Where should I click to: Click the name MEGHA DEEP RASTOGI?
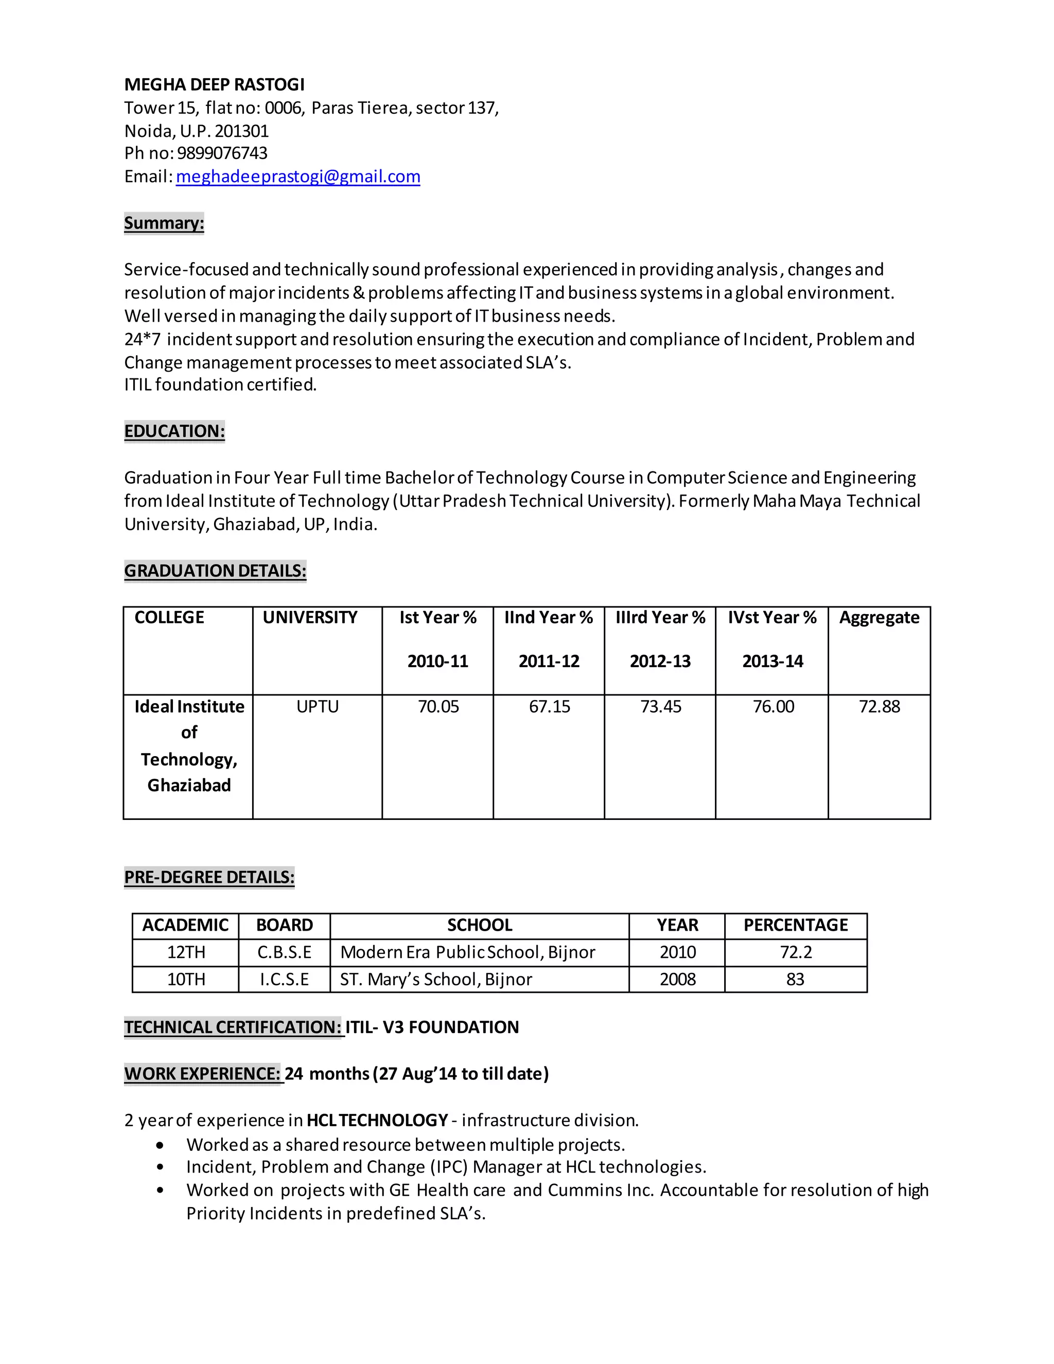(x=214, y=84)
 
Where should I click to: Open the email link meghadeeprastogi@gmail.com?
(x=298, y=177)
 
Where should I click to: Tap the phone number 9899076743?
(x=222, y=153)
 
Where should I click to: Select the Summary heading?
(x=164, y=223)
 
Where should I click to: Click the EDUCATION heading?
(x=174, y=431)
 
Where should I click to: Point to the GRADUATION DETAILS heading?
(x=215, y=570)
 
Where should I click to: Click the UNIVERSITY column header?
(x=310, y=618)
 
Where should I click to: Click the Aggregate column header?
(x=879, y=618)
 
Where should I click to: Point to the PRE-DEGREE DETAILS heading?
(x=209, y=877)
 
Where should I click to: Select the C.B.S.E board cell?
(x=284, y=952)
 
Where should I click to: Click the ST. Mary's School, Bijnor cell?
(x=436, y=980)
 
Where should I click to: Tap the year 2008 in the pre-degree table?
(x=677, y=980)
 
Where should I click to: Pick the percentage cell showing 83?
(x=796, y=980)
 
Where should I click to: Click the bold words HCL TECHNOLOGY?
(x=377, y=1121)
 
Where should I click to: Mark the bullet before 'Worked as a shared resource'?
(x=161, y=1145)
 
